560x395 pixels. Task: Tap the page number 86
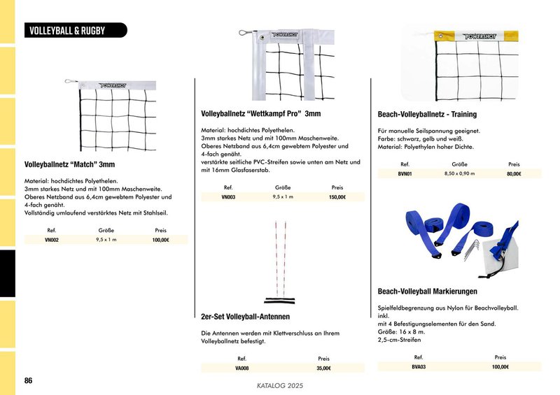click(28, 380)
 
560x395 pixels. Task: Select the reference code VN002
click(52, 240)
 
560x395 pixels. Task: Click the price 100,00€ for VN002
click(161, 240)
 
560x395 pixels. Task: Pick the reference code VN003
click(228, 198)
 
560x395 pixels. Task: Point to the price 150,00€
click(337, 198)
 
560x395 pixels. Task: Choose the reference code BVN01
click(405, 173)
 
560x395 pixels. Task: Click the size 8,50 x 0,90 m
click(459, 173)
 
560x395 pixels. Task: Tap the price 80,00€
click(514, 173)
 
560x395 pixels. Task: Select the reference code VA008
click(242, 368)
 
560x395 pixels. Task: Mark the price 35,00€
click(323, 368)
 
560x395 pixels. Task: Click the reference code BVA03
click(419, 366)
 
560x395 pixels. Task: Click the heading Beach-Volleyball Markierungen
click(427, 291)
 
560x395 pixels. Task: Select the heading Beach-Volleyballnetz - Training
click(427, 115)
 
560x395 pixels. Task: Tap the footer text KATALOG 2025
click(280, 385)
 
